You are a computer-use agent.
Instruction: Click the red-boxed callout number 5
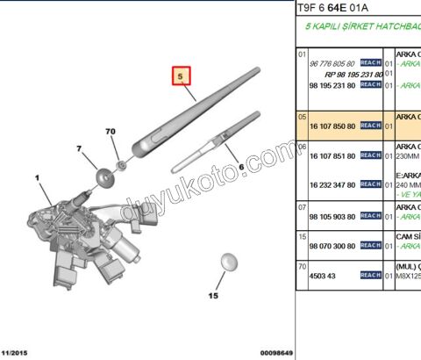click(180, 77)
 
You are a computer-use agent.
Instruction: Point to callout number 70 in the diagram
click(111, 132)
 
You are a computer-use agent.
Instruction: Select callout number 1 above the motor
click(38, 178)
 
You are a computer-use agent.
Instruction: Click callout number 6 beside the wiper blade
click(240, 166)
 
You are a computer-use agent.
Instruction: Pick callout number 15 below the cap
click(211, 297)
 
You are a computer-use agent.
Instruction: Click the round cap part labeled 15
click(228, 262)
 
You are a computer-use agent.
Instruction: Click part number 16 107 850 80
click(333, 125)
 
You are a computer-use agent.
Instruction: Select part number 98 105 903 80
click(333, 215)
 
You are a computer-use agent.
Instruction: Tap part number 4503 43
click(322, 275)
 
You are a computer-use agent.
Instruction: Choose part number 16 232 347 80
click(333, 185)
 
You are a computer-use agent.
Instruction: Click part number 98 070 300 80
click(333, 245)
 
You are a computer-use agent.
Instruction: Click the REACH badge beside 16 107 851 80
click(371, 155)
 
